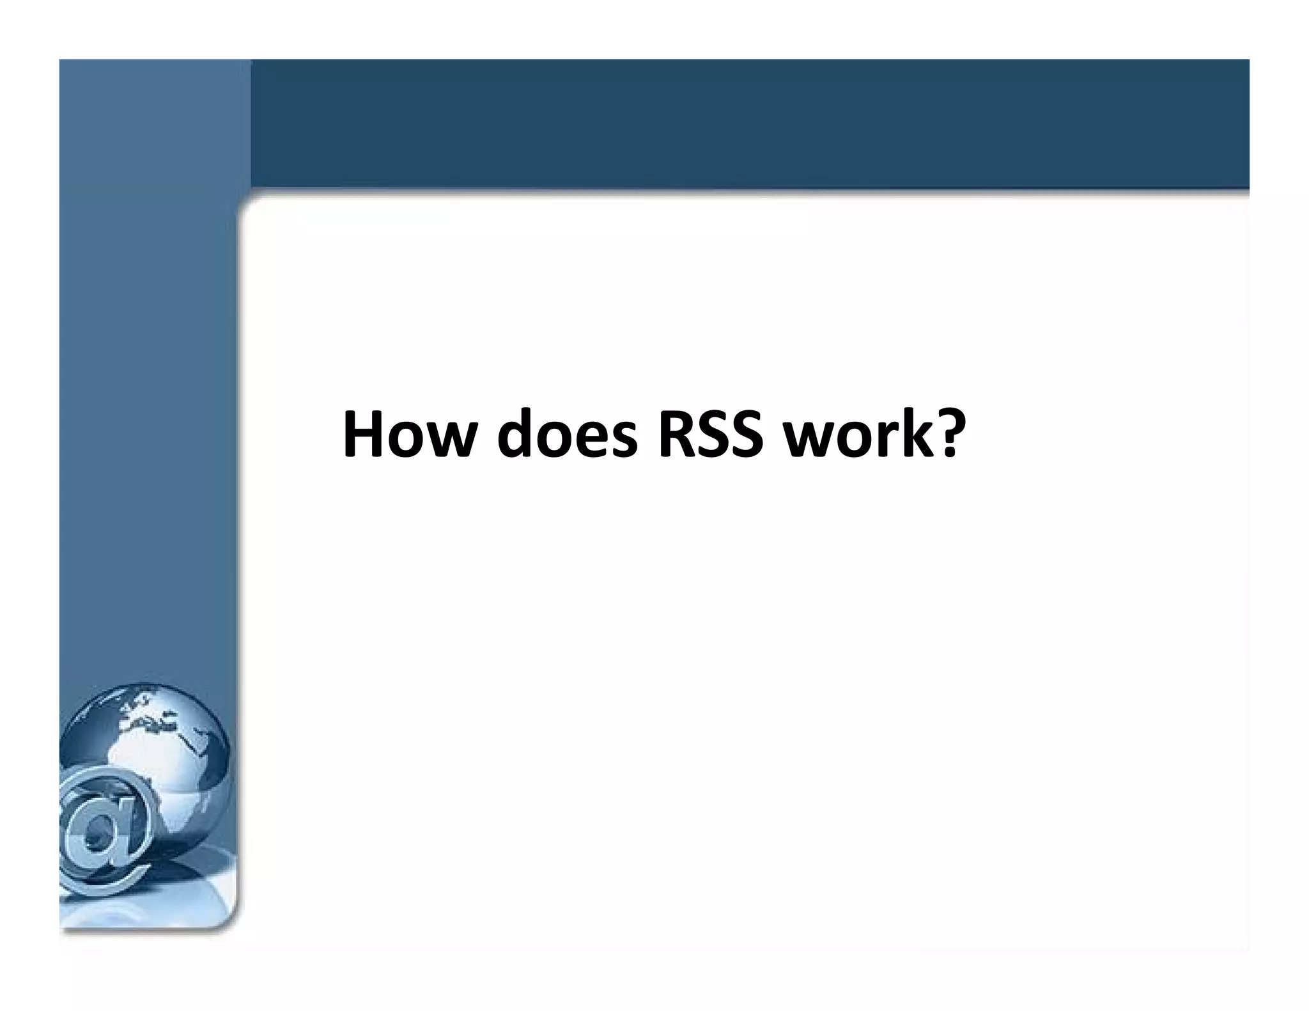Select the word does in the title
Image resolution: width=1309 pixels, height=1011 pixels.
566,436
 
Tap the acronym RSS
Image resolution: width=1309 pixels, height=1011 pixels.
709,436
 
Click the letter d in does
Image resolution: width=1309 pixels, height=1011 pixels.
515,436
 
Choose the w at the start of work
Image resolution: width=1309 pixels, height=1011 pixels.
808,441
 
